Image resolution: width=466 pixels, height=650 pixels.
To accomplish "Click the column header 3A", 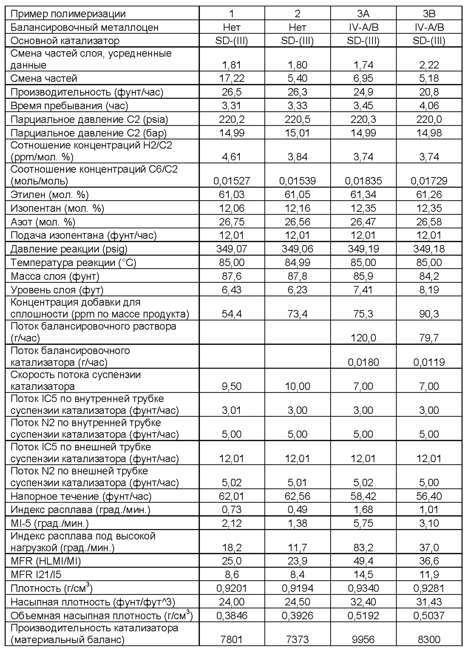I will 363,14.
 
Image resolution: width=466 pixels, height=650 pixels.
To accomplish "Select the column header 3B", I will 429,14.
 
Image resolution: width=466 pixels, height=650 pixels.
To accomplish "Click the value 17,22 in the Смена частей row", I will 232,78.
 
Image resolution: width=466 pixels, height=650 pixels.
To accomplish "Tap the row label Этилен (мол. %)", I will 50,195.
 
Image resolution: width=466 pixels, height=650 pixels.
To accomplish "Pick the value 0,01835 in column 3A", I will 363,181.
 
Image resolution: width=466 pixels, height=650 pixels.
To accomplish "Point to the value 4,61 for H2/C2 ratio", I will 232,157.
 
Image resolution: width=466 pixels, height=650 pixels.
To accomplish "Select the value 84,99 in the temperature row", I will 297,263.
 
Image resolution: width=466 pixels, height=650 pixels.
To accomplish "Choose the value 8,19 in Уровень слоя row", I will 429,290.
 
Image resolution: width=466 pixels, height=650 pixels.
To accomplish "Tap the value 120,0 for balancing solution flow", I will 363,338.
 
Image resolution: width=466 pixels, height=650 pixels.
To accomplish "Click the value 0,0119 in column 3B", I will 429,362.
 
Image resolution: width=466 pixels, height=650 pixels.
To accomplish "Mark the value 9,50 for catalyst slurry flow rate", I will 232,386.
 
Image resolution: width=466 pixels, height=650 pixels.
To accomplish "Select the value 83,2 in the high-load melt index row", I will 363,548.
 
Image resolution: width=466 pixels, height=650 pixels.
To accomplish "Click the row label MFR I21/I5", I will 36,574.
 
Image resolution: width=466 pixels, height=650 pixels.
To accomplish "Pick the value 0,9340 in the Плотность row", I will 363,588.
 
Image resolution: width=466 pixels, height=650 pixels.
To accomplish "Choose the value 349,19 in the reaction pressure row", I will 363,249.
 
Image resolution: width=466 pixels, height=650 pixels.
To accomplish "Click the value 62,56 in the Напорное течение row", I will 297,496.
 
